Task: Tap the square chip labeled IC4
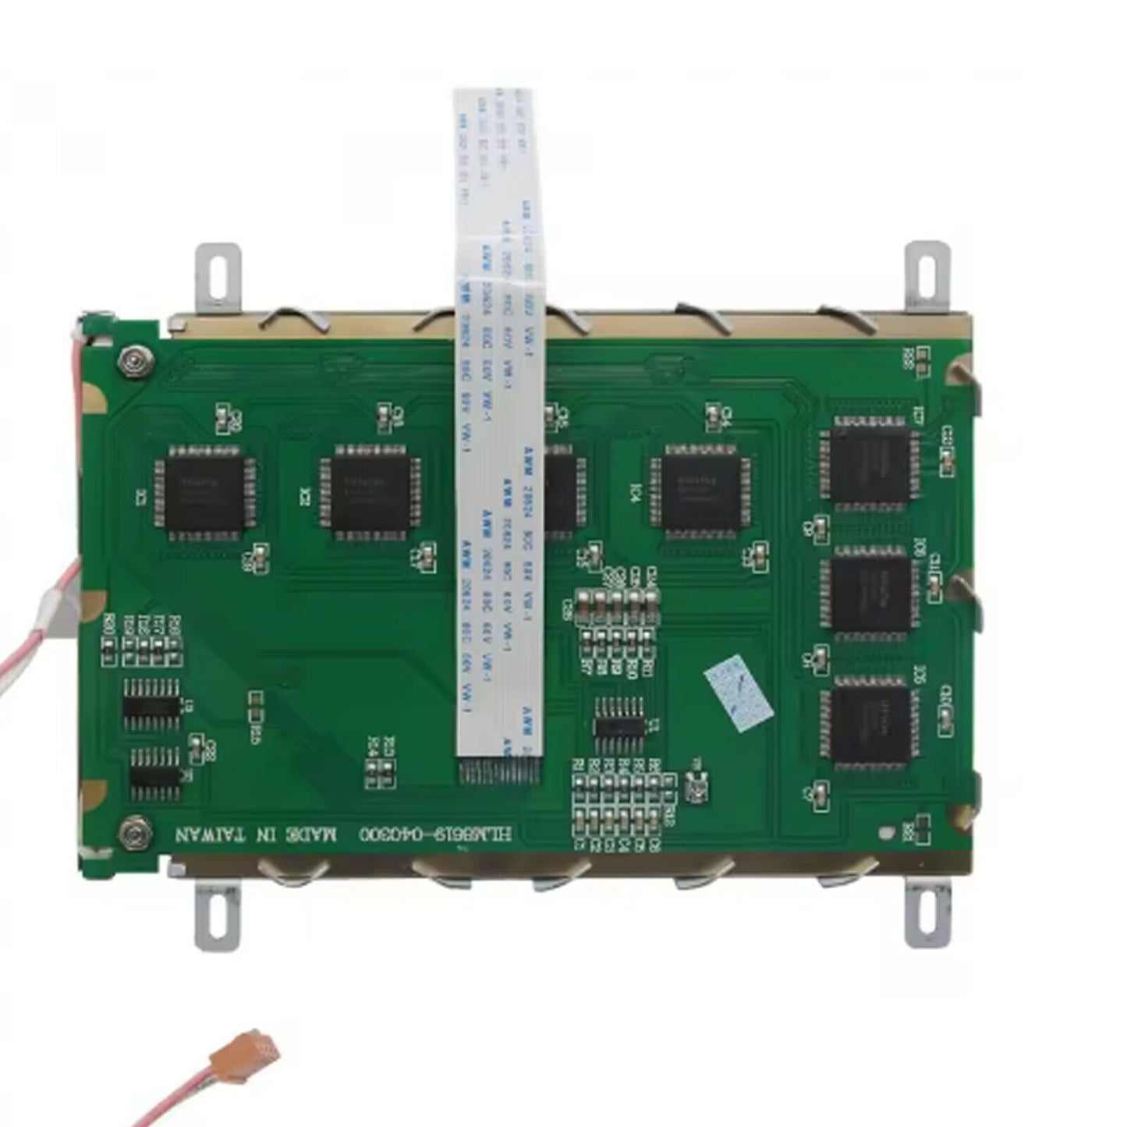[x=701, y=493]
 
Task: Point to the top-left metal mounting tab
[x=217, y=273]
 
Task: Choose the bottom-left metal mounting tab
[x=214, y=912]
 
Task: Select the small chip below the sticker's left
[x=620, y=725]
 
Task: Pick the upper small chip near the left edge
[x=152, y=703]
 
